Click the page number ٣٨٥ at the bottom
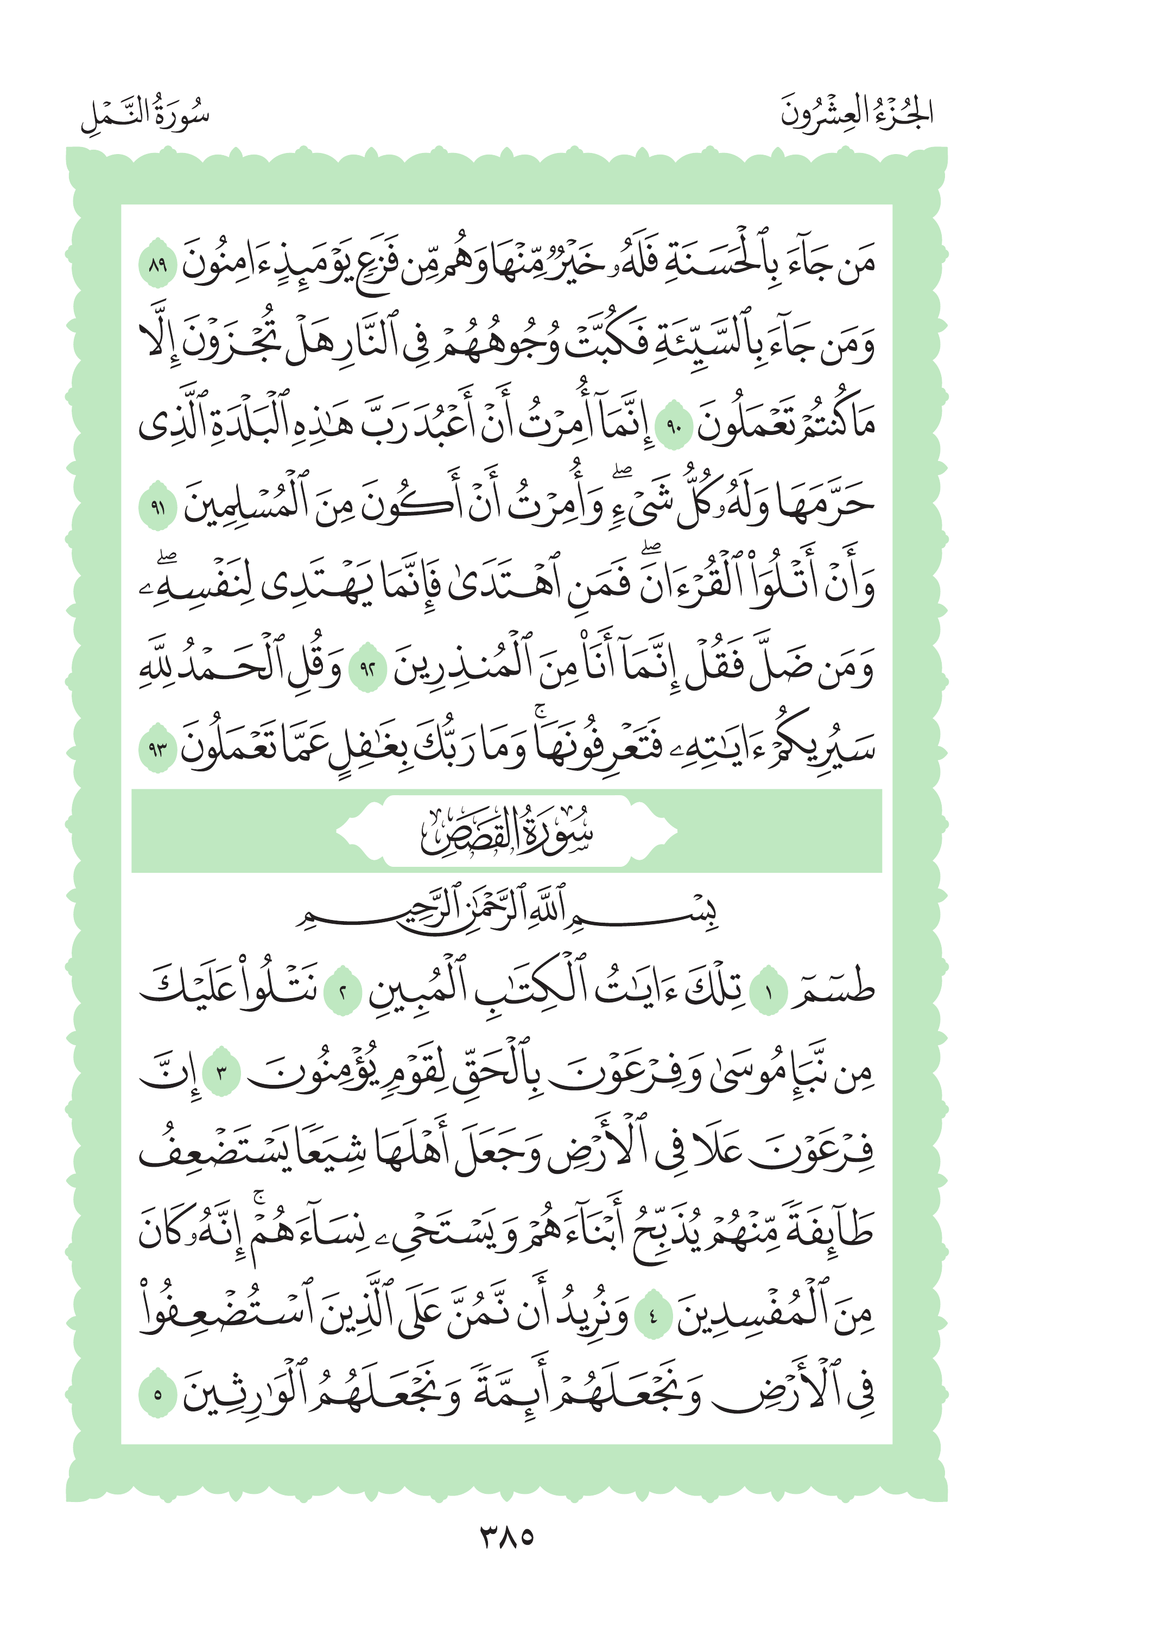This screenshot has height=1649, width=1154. click(506, 1537)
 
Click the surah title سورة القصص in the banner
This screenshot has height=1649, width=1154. click(506, 832)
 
